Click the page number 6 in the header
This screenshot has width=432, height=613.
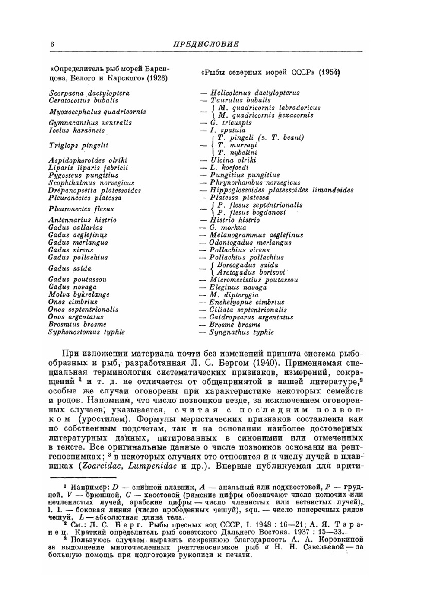click(52, 44)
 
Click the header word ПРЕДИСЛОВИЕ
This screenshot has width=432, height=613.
click(206, 44)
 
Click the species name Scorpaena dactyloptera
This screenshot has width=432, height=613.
click(89, 93)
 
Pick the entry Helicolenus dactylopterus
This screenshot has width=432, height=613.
click(254, 93)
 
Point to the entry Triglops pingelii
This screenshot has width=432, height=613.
click(78, 146)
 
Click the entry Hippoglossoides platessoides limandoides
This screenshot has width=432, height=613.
click(281, 190)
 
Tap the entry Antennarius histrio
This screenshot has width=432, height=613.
click(83, 220)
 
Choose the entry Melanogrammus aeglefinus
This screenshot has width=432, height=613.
click(256, 235)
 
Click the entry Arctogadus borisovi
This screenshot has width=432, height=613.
click(251, 272)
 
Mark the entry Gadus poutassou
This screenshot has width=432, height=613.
click(77, 280)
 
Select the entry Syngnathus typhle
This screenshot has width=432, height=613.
click(241, 332)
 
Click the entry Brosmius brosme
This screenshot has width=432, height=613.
click(77, 324)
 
